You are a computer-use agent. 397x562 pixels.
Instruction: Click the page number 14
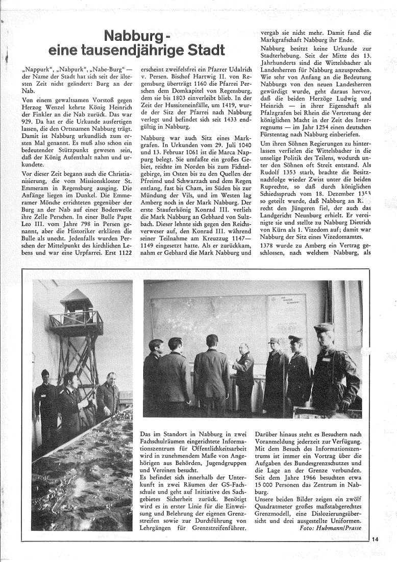tap(376, 538)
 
